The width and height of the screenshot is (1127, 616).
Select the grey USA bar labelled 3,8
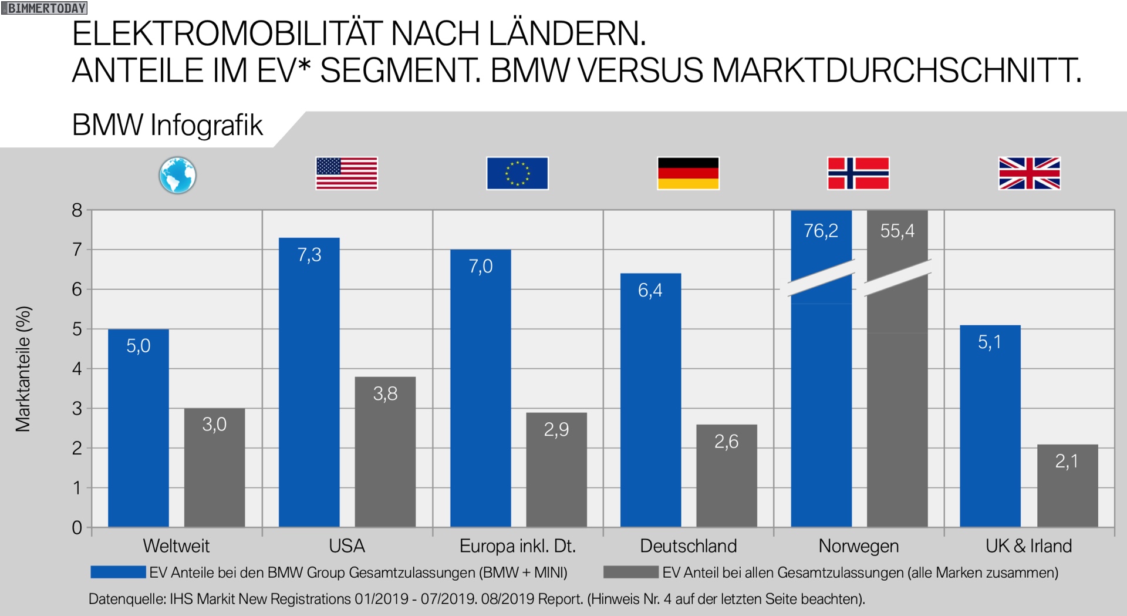coord(385,452)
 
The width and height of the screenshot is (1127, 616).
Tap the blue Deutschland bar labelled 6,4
coord(650,400)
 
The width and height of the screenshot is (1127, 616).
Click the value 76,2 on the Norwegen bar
coord(821,231)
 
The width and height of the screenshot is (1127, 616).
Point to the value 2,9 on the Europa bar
coord(556,430)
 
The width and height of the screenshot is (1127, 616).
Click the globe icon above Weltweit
coord(177,175)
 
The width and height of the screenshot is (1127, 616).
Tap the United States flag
coord(346,173)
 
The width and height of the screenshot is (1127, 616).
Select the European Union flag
coord(517,173)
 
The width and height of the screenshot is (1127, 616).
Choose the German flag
coord(688,173)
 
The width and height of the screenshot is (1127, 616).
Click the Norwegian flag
coord(858,173)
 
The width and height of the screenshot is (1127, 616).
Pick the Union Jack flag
coord(1030,173)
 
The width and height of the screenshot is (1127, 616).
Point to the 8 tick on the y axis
coord(77,210)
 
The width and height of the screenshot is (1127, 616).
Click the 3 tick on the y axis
coord(77,409)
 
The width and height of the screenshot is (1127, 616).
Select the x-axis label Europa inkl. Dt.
coord(517,546)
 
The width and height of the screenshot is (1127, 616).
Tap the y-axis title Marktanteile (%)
coord(23,369)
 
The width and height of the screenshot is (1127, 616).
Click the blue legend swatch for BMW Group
coord(118,572)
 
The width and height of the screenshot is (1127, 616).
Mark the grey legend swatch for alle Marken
coord(630,572)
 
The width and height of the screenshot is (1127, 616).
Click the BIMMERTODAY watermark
coord(45,8)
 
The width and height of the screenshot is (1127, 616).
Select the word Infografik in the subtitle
coord(206,125)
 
